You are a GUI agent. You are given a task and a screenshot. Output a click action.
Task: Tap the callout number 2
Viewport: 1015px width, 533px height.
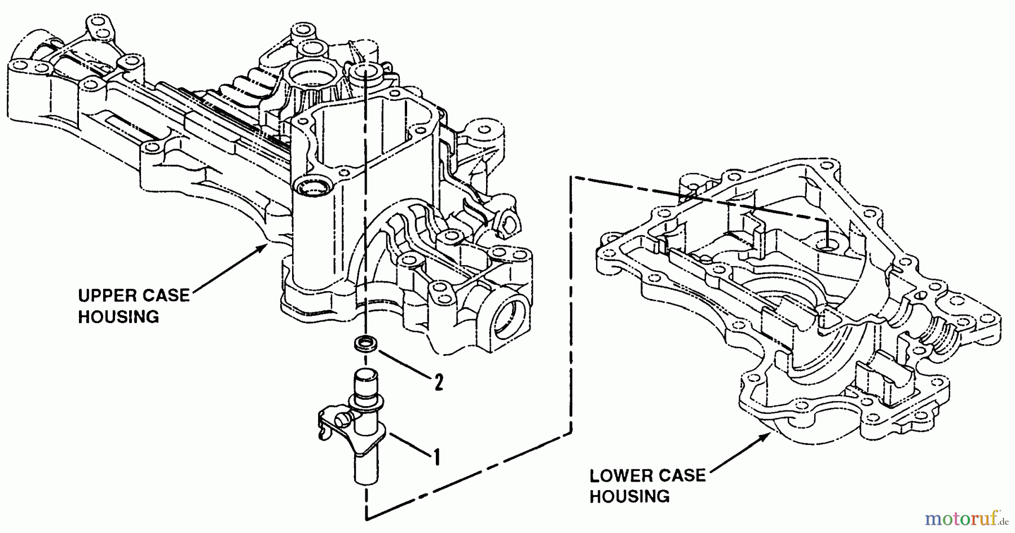pos(438,383)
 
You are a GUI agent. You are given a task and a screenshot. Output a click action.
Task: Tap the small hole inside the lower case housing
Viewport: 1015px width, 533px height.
pos(828,246)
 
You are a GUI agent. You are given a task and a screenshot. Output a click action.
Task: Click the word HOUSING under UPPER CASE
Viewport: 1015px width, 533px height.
pos(118,317)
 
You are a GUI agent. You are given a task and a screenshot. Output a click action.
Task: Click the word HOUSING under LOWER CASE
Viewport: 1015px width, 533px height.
pos(629,497)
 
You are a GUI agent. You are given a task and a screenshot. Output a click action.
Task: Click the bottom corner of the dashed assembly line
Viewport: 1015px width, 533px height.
pos(367,517)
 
